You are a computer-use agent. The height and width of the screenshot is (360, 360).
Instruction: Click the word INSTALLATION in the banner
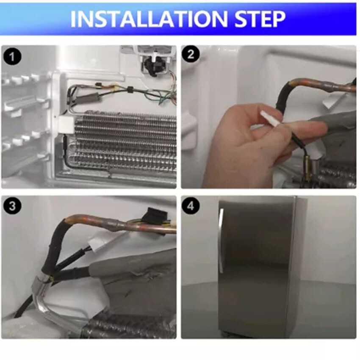[149, 19]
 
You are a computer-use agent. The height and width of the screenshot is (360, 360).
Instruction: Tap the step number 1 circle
[12, 57]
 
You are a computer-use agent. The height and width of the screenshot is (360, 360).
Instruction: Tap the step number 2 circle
[190, 54]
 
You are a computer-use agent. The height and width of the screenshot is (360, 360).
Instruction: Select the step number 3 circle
[12, 205]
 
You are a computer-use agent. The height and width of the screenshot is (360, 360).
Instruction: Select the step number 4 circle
[190, 205]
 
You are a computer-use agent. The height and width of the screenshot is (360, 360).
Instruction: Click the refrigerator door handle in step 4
[221, 241]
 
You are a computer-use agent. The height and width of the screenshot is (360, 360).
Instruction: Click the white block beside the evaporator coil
[66, 125]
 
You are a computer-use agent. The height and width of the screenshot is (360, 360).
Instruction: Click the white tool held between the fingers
[272, 119]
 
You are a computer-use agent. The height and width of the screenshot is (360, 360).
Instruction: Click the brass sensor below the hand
[307, 167]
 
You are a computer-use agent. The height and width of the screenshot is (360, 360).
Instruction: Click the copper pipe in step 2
[321, 85]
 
